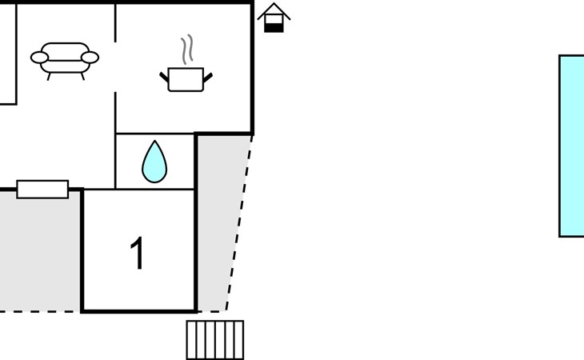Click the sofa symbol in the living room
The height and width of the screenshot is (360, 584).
click(x=65, y=59)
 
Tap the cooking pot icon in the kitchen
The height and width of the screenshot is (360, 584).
click(x=186, y=80)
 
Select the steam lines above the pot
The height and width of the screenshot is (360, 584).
click(x=187, y=50)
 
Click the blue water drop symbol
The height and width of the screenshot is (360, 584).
click(x=154, y=162)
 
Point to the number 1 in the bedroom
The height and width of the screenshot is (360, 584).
click(x=138, y=253)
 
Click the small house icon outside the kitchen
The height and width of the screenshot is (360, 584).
click(x=274, y=18)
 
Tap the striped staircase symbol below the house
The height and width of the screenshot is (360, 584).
click(x=215, y=340)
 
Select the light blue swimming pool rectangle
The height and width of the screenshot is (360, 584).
click(x=572, y=146)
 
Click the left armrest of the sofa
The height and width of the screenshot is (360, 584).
click(x=39, y=58)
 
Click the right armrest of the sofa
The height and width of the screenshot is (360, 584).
click(x=90, y=58)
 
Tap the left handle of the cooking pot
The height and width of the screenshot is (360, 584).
click(x=164, y=77)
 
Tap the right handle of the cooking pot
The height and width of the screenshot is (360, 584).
click(x=208, y=78)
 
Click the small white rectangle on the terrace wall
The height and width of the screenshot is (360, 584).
click(x=42, y=189)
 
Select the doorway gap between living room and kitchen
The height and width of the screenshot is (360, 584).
click(x=115, y=67)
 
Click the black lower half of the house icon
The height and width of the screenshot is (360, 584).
click(x=274, y=28)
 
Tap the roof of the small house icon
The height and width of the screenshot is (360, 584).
click(x=274, y=10)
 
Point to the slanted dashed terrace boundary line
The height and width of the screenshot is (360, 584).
click(x=239, y=223)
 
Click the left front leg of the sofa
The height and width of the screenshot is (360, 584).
click(x=49, y=76)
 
